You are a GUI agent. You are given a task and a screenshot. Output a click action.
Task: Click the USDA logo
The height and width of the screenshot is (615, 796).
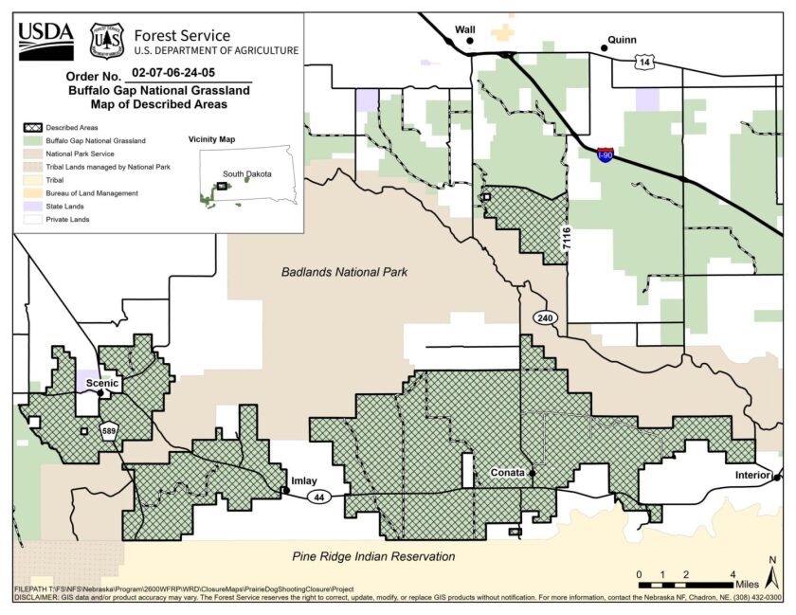click(x=45, y=39)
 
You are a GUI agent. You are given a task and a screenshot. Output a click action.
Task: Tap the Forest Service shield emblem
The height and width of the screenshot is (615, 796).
click(x=106, y=40)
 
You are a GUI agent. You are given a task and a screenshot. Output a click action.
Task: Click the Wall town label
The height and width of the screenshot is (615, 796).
click(x=464, y=29)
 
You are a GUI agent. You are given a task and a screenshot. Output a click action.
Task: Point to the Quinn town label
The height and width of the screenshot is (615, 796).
click(x=623, y=40)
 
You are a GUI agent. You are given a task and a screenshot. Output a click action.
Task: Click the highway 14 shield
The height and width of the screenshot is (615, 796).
click(x=645, y=62)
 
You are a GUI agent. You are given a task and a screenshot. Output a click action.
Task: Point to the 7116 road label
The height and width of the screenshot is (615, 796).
click(x=567, y=238)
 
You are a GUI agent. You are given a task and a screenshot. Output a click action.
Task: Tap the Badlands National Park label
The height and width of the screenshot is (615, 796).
click(x=344, y=272)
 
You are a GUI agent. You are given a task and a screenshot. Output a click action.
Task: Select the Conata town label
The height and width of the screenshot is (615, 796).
click(x=507, y=472)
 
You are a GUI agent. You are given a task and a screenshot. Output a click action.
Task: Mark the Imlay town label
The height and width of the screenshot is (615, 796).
click(x=304, y=480)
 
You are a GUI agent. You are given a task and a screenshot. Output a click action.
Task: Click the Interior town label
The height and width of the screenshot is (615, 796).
click(x=753, y=474)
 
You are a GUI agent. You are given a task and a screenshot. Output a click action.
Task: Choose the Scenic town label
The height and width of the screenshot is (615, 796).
click(x=101, y=383)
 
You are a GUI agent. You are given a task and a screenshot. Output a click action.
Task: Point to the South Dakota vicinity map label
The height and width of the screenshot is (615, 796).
click(x=246, y=174)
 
